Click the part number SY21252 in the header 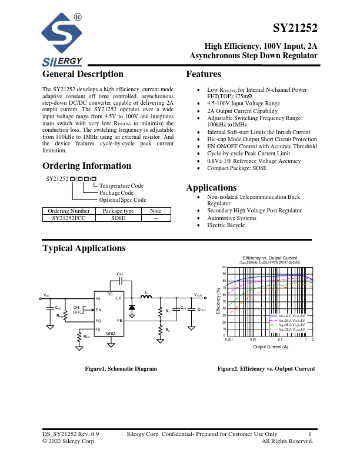(x=295, y=28)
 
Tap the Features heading (x=204, y=74)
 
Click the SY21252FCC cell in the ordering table (x=69, y=218)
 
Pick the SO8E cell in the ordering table (x=118, y=218)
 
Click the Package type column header (x=118, y=211)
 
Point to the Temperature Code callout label (x=121, y=186)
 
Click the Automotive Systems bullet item (x=232, y=218)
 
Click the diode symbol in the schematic (x=132, y=307)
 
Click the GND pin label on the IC (x=110, y=334)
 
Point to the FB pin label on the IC (x=119, y=320)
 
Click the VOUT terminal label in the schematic (x=198, y=294)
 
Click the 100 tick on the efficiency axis (x=224, y=267)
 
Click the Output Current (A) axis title (x=270, y=347)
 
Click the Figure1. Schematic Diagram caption (x=121, y=369)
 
